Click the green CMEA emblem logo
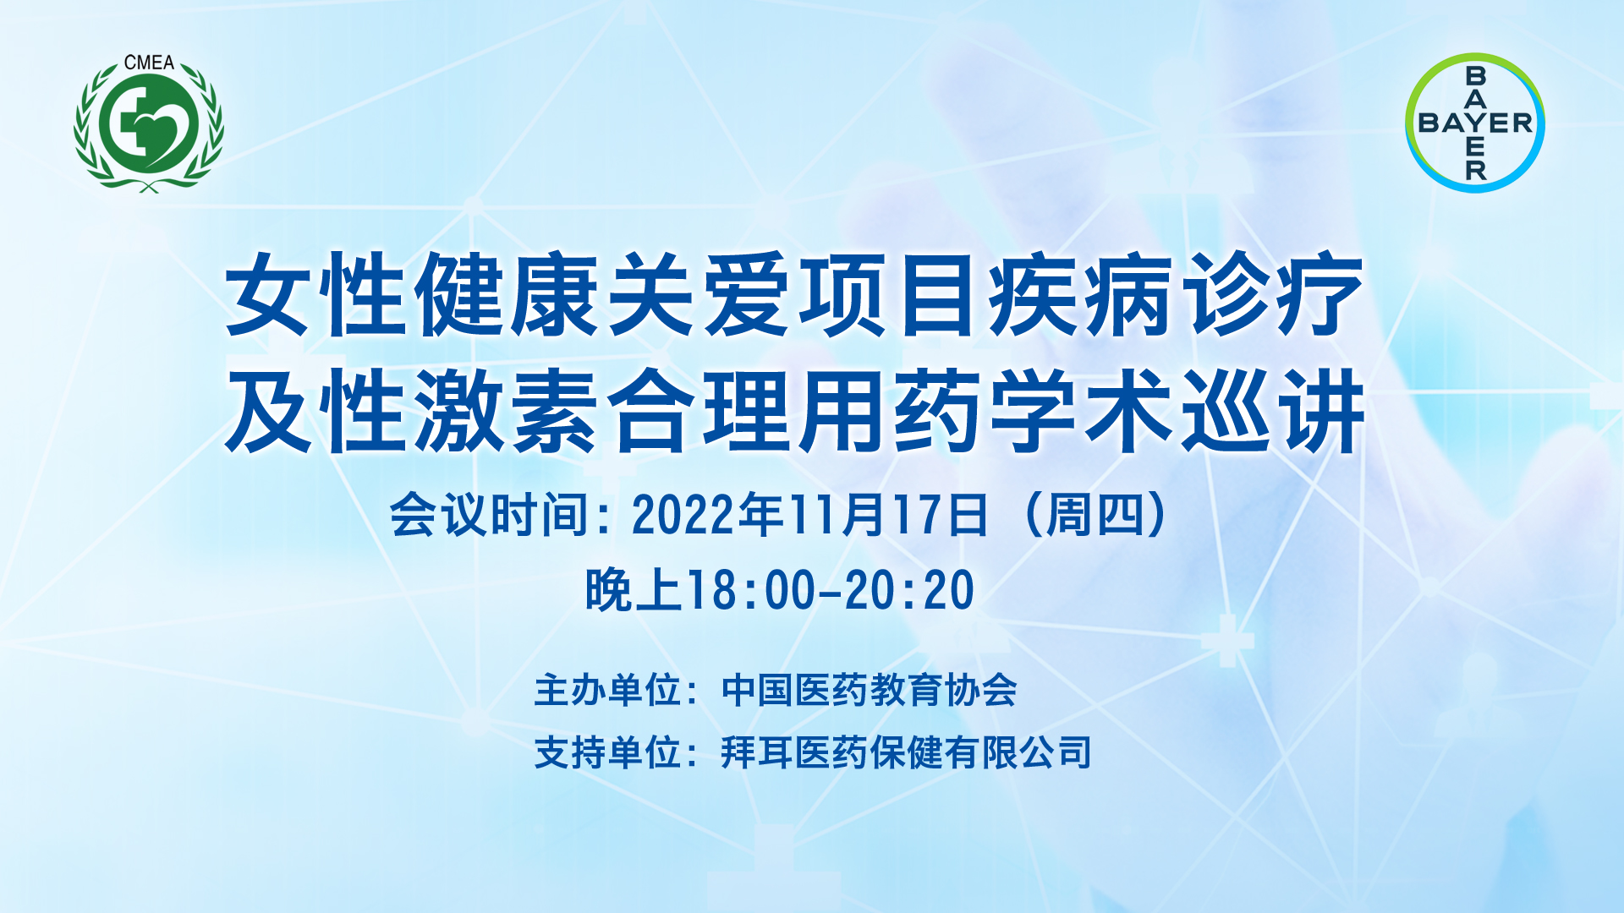149,123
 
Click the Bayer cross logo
1475,123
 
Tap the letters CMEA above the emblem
149,63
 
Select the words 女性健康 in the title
415,295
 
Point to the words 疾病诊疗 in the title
1177,295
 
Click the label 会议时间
488,514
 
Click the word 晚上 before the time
634,590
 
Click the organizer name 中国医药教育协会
869,691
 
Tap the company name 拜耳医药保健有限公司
906,752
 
